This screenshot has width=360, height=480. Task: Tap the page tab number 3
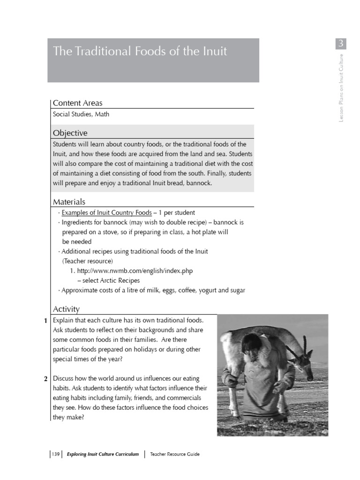click(x=341, y=44)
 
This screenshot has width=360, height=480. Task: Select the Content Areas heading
click(x=77, y=103)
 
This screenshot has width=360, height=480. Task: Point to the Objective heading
click(x=70, y=133)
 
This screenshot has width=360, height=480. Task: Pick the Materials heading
click(x=69, y=202)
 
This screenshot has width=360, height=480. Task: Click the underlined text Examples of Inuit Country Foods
click(x=107, y=213)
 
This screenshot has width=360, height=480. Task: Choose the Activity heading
click(x=66, y=309)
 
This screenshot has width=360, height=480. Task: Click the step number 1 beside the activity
click(x=45, y=321)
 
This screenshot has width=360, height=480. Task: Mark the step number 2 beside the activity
click(x=45, y=379)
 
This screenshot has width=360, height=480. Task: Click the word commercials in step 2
click(x=186, y=398)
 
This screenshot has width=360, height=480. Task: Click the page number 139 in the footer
click(x=55, y=454)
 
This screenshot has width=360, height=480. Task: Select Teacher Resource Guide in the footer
click(x=175, y=454)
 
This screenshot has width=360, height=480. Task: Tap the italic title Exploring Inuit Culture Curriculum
click(x=103, y=454)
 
